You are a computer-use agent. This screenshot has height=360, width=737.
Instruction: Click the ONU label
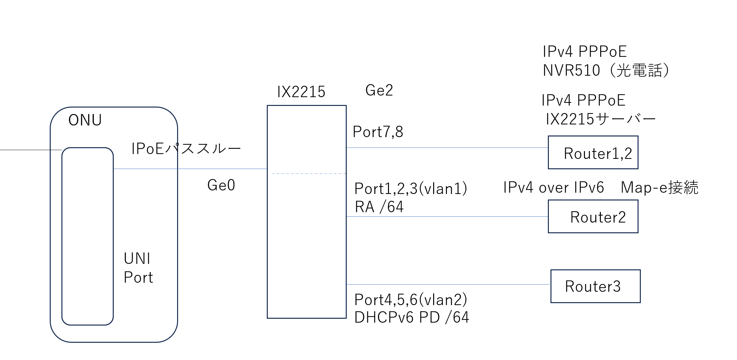85,120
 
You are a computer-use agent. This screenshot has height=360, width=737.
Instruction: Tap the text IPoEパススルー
186,149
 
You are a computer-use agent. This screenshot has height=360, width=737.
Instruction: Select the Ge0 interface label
221,185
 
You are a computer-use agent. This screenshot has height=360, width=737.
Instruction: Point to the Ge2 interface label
379,90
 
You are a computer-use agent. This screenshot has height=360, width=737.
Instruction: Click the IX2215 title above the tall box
301,92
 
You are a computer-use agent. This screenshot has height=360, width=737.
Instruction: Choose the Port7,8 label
378,132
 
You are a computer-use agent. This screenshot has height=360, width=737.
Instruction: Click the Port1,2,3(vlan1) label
411,188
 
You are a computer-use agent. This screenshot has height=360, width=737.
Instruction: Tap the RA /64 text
379,207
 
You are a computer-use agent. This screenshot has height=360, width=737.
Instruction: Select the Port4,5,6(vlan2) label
411,300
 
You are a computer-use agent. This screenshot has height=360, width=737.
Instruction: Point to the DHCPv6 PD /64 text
412,317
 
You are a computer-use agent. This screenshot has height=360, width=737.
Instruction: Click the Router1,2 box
593,153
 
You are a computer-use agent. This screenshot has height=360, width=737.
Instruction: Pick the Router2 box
593,217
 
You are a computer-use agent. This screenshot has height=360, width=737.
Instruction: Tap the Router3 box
595,286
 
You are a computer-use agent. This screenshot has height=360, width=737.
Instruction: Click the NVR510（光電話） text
606,71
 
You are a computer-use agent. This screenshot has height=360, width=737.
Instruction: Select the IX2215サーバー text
601,119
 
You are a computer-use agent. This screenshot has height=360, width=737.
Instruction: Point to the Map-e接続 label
659,188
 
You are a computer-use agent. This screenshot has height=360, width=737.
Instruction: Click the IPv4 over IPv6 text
553,188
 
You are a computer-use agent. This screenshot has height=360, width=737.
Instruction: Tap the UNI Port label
138,268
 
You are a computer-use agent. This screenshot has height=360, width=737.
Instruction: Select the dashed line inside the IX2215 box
309,174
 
